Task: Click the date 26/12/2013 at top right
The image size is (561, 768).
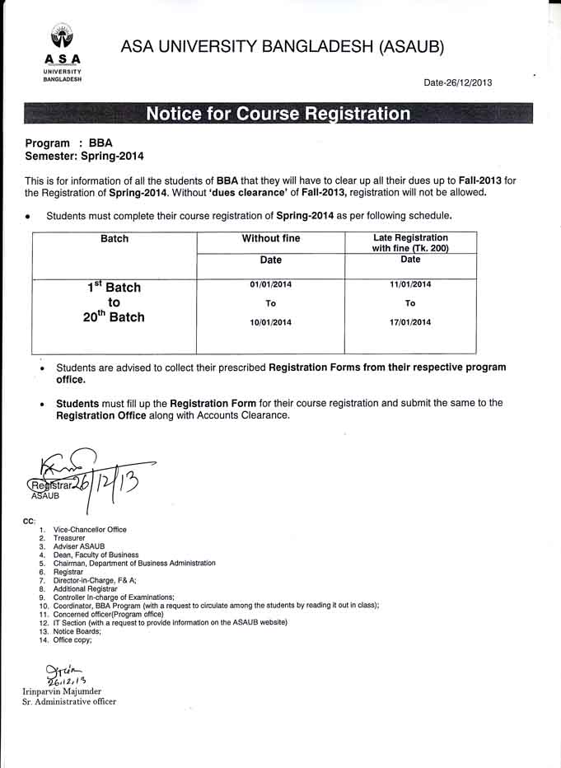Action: (x=458, y=82)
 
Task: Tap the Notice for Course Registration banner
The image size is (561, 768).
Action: (x=278, y=114)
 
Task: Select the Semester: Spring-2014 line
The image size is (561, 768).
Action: (x=78, y=155)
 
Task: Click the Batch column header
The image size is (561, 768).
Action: (x=115, y=239)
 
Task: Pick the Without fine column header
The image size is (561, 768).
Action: (x=270, y=239)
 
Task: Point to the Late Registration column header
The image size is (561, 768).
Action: (x=410, y=243)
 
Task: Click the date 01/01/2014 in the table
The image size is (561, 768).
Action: (x=270, y=285)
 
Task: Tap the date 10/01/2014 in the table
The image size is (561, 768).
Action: (x=270, y=322)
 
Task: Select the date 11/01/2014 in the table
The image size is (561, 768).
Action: (x=410, y=285)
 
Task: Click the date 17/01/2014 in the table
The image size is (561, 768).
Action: (x=410, y=322)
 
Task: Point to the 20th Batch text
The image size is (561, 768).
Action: (x=114, y=317)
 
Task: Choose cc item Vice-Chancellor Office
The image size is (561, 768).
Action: (x=90, y=530)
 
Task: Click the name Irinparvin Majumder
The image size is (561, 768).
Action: (x=63, y=691)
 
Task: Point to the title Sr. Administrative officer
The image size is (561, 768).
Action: (x=69, y=702)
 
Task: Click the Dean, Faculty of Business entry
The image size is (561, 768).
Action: (x=96, y=555)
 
